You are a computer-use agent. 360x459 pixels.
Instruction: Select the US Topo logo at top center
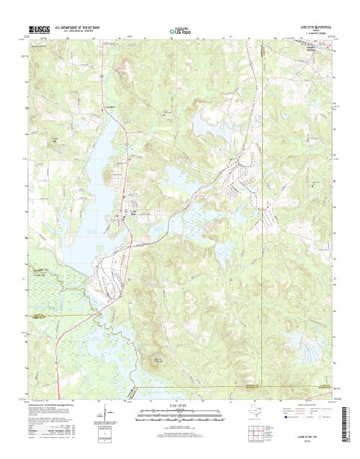179,30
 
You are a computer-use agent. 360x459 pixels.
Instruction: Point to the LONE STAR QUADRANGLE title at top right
315,25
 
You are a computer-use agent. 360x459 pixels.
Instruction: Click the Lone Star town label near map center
134,211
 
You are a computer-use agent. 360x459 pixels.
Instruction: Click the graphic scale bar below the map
179,411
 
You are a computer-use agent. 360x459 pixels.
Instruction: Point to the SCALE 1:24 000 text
179,405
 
